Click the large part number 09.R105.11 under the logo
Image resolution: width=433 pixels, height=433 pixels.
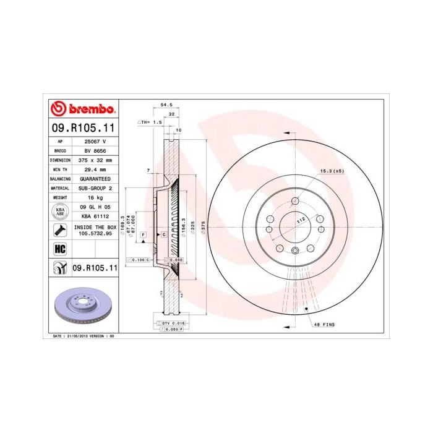(x=82, y=129)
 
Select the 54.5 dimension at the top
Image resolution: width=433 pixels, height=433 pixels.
(x=165, y=105)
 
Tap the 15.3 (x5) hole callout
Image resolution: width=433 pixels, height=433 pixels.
(x=331, y=171)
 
